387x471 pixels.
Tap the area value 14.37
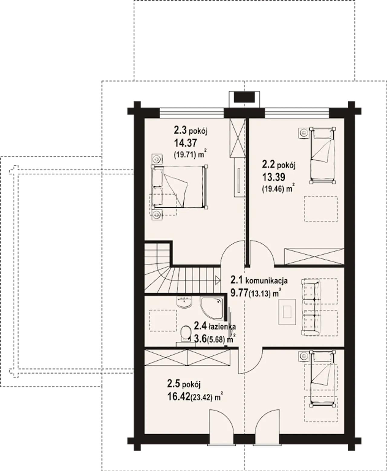pos(185,143)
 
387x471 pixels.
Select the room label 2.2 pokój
pos(279,165)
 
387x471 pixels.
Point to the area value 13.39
pos(274,177)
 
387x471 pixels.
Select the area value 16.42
pos(179,396)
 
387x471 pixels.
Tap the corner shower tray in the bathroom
pos(212,308)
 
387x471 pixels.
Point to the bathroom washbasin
pos(184,302)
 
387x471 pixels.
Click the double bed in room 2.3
pos(180,187)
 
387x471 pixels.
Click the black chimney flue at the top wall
pos(244,97)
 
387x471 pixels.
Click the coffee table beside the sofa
pos(287,312)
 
